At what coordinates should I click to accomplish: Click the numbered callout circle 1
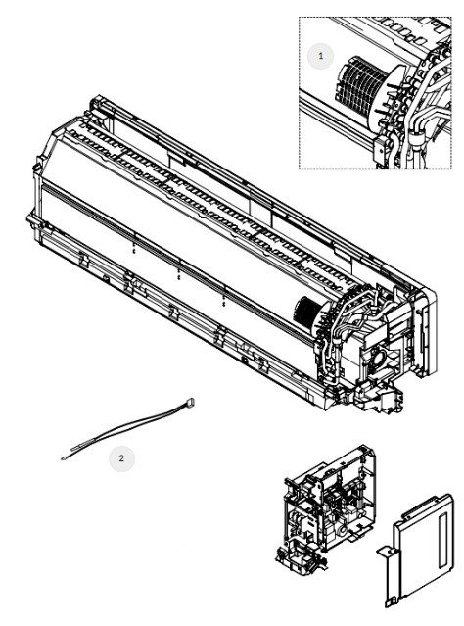click(x=320, y=56)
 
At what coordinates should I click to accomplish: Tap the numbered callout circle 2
click(x=121, y=458)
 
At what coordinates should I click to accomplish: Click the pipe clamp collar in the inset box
click(x=416, y=139)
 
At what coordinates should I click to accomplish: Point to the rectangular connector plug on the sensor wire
click(x=190, y=402)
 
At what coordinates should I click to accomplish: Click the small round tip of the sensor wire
click(x=64, y=458)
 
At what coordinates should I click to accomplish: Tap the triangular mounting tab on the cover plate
click(x=386, y=552)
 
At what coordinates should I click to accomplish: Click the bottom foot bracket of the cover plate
click(x=392, y=602)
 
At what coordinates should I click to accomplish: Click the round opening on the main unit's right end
click(x=377, y=357)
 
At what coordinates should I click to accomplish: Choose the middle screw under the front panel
click(x=179, y=273)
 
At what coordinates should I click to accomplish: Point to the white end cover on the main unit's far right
click(x=425, y=331)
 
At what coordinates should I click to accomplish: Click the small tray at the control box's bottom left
click(x=298, y=559)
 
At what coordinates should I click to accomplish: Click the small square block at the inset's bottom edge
click(x=380, y=147)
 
